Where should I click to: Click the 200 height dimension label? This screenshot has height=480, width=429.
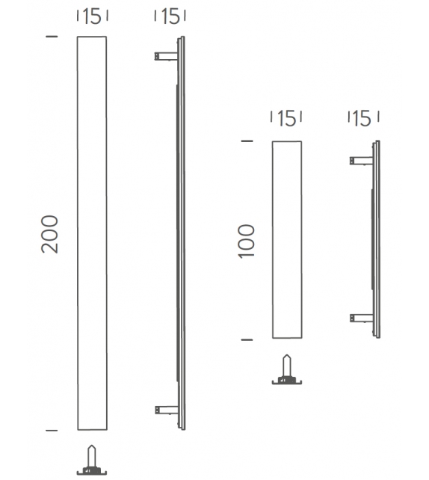pos(49,233)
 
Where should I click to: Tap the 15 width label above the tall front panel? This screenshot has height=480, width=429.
pos(92,16)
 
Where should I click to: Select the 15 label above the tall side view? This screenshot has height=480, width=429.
pos(169,16)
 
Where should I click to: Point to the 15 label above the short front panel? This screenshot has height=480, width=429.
pos(287,118)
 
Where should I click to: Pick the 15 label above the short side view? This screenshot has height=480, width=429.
pos(363,118)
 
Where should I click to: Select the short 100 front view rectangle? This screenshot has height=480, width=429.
pos(288,239)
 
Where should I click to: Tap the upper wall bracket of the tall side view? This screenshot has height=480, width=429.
pos(165,55)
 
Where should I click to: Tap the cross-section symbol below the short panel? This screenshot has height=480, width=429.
pos(286,370)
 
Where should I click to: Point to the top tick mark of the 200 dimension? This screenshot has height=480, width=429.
pos(52,36)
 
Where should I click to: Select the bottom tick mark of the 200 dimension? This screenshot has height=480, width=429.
pos(52,431)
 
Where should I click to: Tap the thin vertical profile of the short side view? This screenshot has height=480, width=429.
pos(376,239)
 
